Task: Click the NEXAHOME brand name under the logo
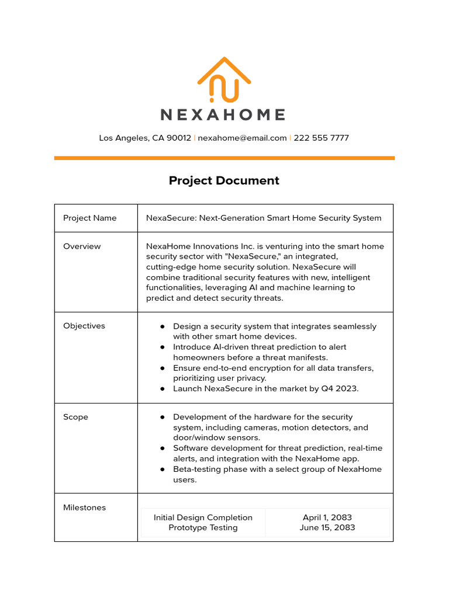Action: coord(223,114)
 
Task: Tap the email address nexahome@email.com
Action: coord(242,138)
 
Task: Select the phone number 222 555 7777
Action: coord(321,138)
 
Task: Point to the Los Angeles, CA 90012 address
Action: coord(145,138)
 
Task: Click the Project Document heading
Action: coord(224,180)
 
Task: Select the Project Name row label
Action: coord(89,218)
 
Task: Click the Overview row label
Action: coord(82,246)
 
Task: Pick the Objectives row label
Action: coord(84,326)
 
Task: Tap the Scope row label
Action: coord(75,417)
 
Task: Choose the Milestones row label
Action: coord(84,507)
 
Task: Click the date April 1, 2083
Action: coord(327,517)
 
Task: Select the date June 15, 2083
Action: coord(327,527)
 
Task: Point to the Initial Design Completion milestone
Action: coord(203,517)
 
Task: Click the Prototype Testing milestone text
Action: coord(203,527)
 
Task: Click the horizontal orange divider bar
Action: coord(224,158)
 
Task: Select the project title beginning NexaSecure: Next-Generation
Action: coord(263,218)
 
